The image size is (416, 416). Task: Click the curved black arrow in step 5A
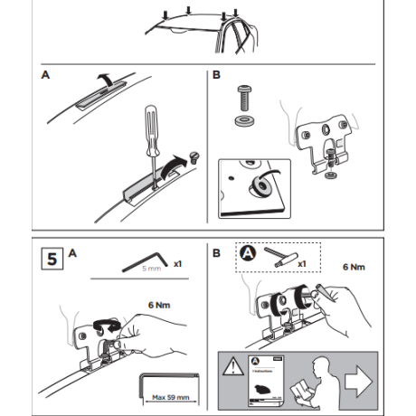pyautogui.click(x=109, y=321)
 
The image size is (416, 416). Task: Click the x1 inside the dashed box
pyautogui.click(x=298, y=264)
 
